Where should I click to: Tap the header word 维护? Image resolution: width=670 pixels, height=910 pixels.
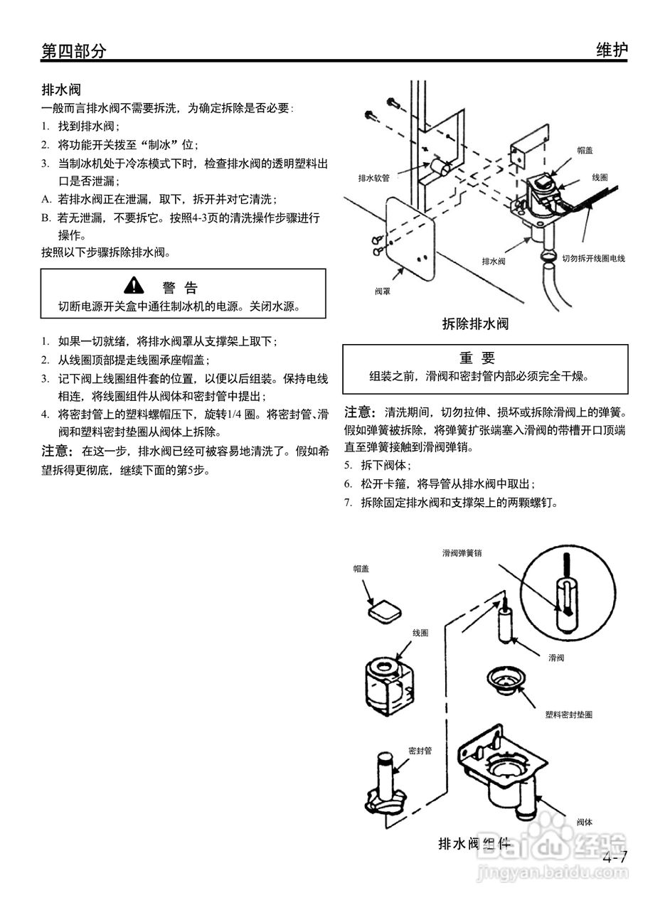[611, 50]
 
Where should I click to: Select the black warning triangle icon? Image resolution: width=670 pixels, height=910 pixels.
[134, 286]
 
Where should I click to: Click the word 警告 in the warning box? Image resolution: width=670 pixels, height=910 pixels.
[180, 287]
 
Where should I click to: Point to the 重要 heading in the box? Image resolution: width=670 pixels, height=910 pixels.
[477, 358]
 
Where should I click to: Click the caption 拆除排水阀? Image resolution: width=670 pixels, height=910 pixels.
[475, 324]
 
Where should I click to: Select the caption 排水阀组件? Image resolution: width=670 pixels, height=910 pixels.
[474, 844]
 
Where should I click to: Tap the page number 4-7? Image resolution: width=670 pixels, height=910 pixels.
[615, 857]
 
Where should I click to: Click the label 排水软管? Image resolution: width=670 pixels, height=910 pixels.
[373, 178]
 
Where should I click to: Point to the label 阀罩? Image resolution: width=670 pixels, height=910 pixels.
[383, 291]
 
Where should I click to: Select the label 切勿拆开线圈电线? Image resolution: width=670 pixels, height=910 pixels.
[593, 259]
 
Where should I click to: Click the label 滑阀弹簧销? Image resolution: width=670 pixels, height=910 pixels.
[462, 552]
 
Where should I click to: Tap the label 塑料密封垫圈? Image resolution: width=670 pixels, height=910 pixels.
[568, 714]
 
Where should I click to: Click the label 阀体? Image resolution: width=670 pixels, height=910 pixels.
[585, 822]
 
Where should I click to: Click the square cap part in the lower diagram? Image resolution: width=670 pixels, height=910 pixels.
[384, 610]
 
